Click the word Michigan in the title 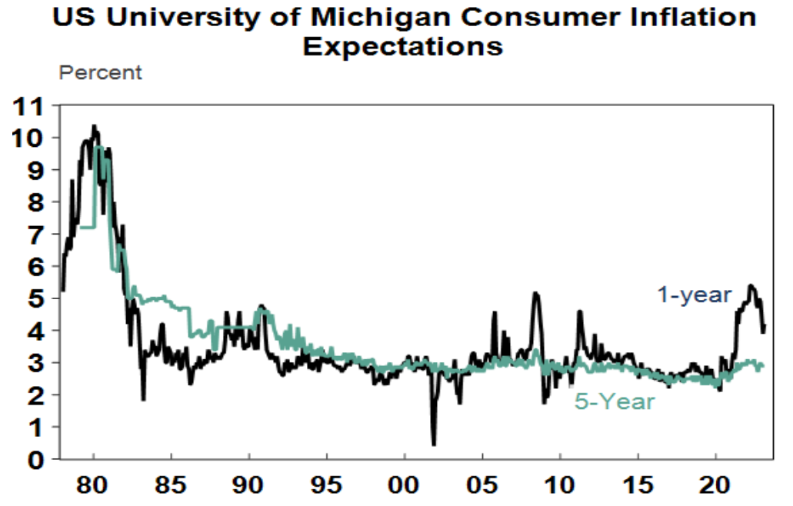(374, 18)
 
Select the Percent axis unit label (101, 73)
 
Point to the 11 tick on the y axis (28, 105)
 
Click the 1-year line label (694, 295)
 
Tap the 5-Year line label (615, 401)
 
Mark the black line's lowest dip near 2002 (434, 444)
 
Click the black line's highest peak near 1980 (94, 125)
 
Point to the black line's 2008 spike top (536, 293)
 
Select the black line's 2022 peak (751, 285)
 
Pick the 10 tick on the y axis (28, 138)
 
